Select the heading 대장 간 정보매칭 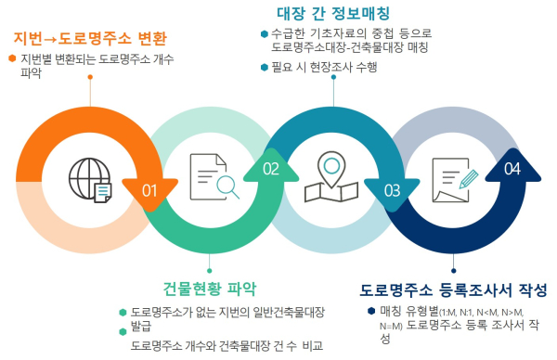(x=333, y=13)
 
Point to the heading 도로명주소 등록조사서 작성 (x=453, y=290)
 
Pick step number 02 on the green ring (x=271, y=169)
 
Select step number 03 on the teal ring (x=392, y=190)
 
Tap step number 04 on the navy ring (x=512, y=169)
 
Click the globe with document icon (x=90, y=178)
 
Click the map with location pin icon (x=335, y=177)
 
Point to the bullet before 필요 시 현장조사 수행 (x=264, y=67)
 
